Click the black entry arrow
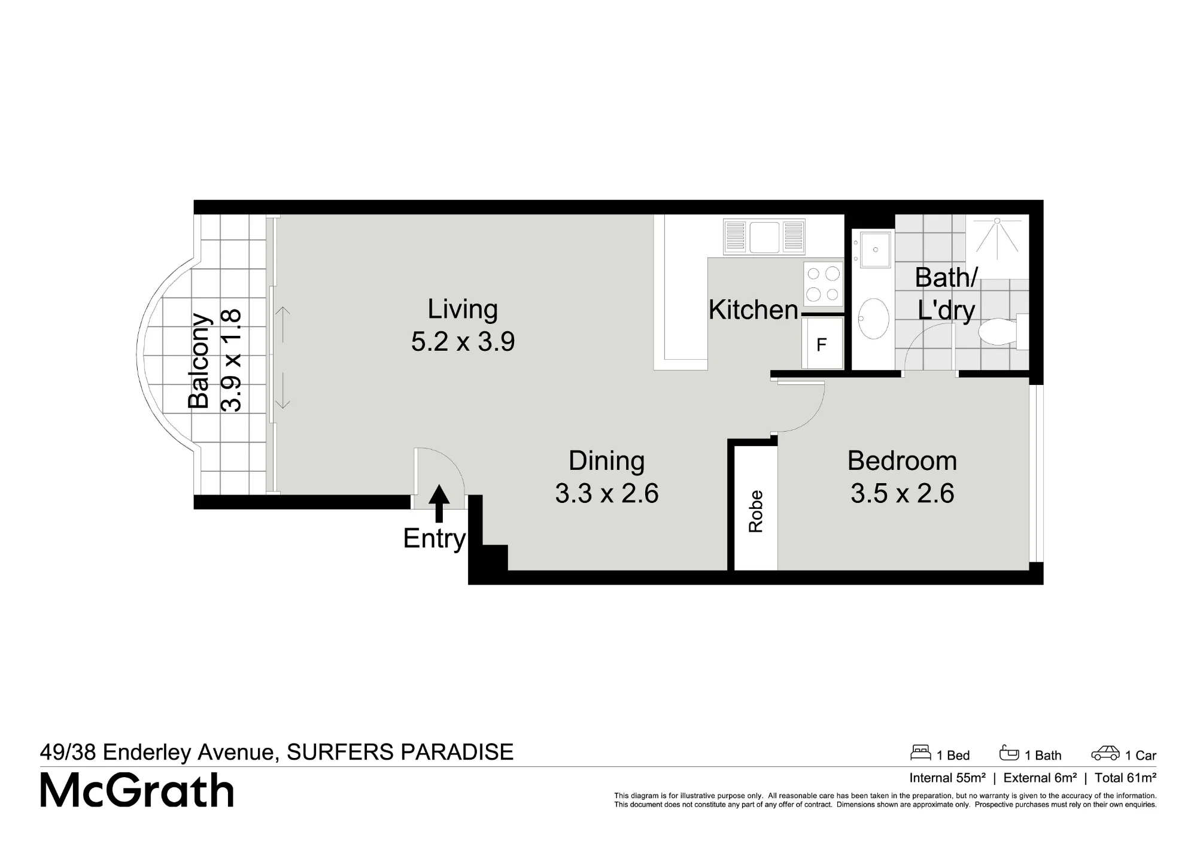tap(439, 503)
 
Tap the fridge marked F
tap(822, 343)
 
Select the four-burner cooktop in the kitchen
tap(823, 284)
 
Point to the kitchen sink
tap(764, 237)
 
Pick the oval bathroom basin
tap(873, 319)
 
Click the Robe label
tap(756, 511)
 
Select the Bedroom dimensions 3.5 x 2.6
tap(903, 493)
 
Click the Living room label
tap(463, 309)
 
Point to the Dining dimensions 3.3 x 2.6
tap(607, 493)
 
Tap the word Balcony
tap(199, 361)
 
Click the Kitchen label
tap(754, 310)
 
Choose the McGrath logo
tap(137, 790)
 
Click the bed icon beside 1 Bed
tap(920, 752)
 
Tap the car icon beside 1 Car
tap(1105, 753)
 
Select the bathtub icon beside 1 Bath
tap(1009, 752)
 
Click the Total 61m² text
tap(1125, 778)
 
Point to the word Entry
tap(435, 539)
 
